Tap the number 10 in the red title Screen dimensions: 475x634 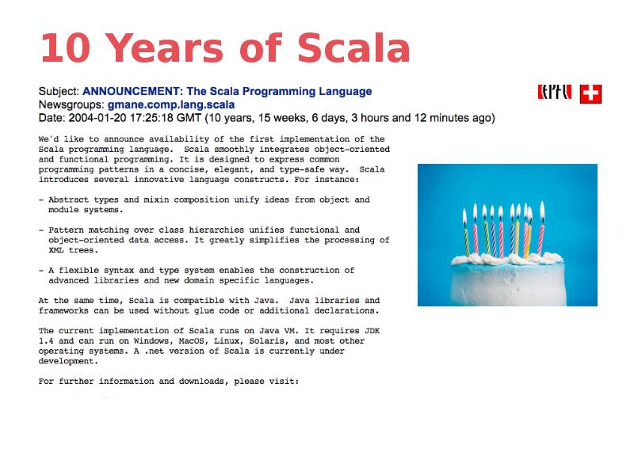[x=66, y=48]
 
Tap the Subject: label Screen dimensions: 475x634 [x=59, y=91]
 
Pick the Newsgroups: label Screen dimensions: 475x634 [x=71, y=104]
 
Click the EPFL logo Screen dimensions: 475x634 [x=554, y=93]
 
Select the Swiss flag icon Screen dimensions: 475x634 [x=590, y=94]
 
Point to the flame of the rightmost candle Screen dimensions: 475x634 [x=542, y=211]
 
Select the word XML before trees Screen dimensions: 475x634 [x=55, y=250]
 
